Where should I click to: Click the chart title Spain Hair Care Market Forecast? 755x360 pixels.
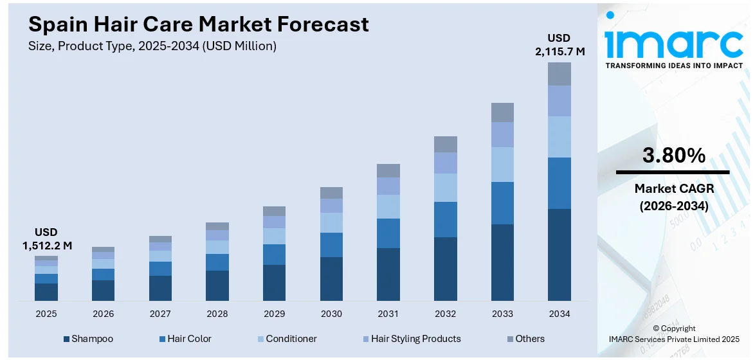click(199, 24)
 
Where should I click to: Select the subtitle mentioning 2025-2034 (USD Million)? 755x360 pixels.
click(152, 46)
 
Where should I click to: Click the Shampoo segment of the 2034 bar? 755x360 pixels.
click(559, 254)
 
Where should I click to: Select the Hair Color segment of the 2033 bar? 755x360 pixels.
click(502, 203)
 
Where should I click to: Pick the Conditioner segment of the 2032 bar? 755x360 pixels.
click(445, 187)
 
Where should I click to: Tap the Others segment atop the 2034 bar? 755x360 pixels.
click(559, 74)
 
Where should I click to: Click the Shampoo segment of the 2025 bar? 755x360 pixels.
click(46, 292)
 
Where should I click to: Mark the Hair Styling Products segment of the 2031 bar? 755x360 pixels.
click(388, 186)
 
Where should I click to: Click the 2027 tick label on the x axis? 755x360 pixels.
click(160, 314)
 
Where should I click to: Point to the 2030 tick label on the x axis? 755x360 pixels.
click(331, 314)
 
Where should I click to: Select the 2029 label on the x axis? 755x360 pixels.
click(274, 314)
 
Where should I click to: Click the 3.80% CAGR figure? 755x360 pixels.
click(673, 156)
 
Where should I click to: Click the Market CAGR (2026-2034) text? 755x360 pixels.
click(673, 197)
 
